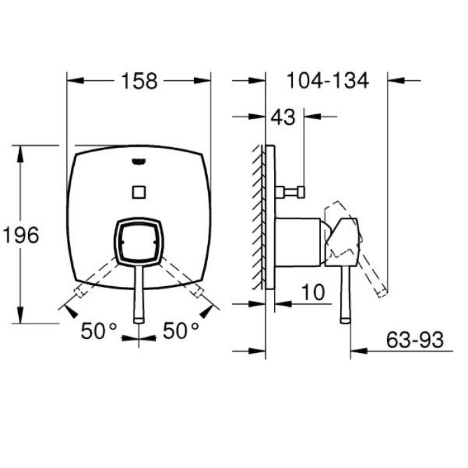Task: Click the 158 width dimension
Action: (x=139, y=81)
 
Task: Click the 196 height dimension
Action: (x=21, y=235)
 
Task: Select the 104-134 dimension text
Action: (x=328, y=81)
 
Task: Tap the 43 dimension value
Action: (x=283, y=117)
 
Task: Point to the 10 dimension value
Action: (x=313, y=292)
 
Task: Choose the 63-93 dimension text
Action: (x=415, y=340)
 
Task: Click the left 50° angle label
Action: (x=99, y=331)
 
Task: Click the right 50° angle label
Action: (x=181, y=331)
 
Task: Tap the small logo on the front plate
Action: (x=139, y=162)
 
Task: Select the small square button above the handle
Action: (x=139, y=193)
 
